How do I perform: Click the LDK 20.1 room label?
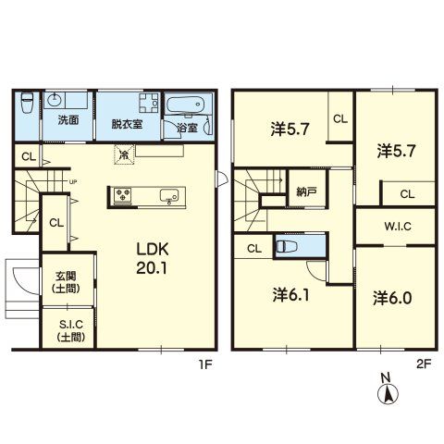coord(153,258)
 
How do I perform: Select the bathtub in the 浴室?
coord(185,105)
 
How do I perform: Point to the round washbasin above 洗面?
coord(55,100)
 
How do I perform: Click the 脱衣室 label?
coord(127,124)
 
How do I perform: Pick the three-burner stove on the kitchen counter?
coord(123,195)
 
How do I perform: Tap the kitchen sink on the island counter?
coord(169,195)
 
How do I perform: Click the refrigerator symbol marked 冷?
coord(124,154)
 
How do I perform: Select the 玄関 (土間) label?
coord(67,282)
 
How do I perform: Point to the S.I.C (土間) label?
coord(71,330)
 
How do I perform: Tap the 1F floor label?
coord(205,364)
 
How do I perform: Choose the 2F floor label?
coord(424,364)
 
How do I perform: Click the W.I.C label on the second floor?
coord(398,227)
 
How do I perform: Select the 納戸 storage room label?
coord(306,192)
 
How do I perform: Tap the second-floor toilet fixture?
coord(287,246)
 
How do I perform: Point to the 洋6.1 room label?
coord(291,295)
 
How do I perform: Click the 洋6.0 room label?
coord(392,298)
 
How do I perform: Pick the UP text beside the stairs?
coord(73,182)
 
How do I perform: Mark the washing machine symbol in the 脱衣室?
coord(149,103)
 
